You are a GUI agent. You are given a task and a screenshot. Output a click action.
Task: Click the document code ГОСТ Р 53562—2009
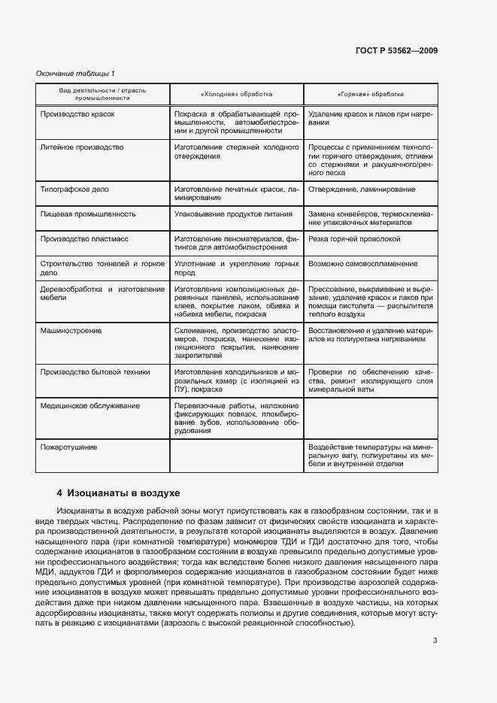pos(396,50)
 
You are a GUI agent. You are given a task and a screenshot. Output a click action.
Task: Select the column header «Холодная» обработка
pos(236,94)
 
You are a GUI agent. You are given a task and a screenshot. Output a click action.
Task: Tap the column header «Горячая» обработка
pos(371,94)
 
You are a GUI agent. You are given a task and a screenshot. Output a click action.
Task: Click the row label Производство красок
pos(77,114)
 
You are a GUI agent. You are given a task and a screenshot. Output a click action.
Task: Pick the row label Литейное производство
pos(81,147)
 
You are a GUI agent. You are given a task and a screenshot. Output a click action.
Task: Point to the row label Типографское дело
pos(75,190)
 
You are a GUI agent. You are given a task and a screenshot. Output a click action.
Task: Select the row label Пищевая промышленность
pos(88,214)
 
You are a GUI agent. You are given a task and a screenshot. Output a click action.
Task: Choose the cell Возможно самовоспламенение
pos(362,265)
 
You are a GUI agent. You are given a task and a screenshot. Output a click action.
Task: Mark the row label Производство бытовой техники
pos(95,372)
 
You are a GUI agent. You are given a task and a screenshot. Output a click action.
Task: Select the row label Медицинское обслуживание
pos(89,406)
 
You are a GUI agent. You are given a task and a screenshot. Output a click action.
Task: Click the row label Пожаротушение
pos(69,447)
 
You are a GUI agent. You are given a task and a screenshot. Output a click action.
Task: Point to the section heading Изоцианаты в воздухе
pos(118,493)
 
